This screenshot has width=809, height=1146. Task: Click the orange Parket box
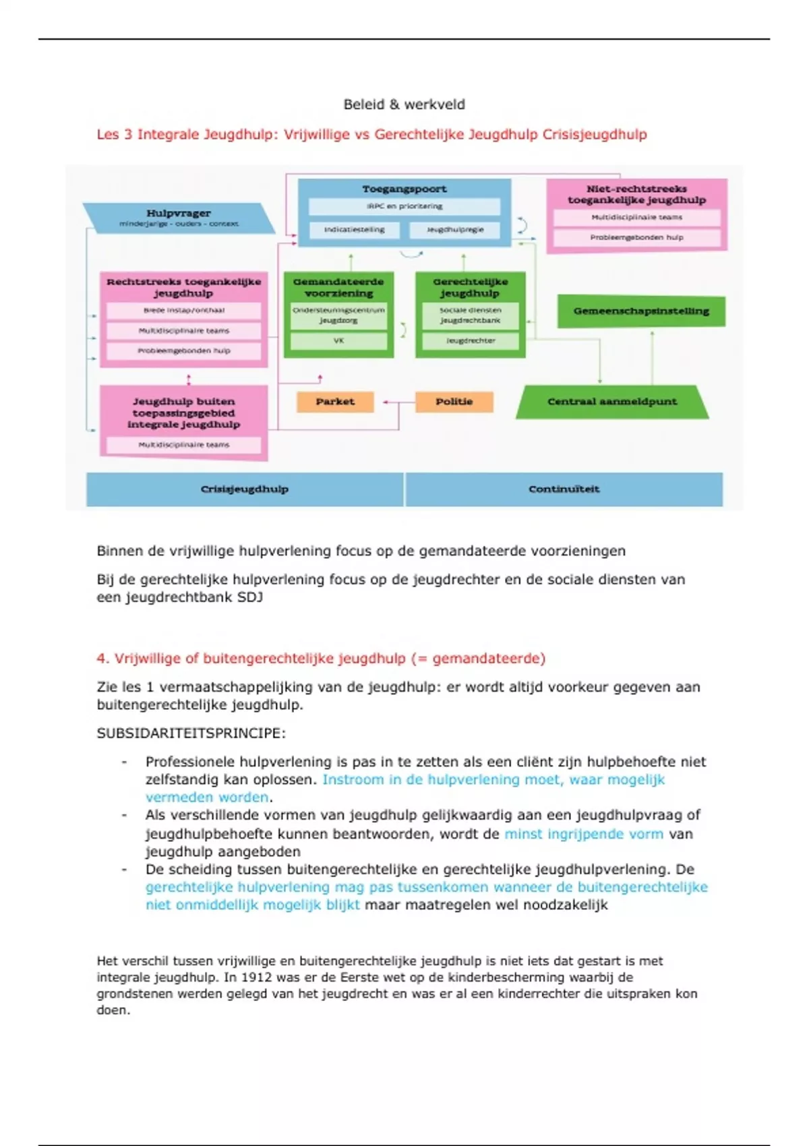pyautogui.click(x=335, y=402)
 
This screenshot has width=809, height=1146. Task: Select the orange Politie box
pyautogui.click(x=454, y=402)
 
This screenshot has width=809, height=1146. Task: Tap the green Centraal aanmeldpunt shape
pyautogui.click(x=611, y=402)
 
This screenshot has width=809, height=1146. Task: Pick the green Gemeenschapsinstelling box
pyautogui.click(x=641, y=311)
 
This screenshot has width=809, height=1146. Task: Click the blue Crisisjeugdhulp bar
pyautogui.click(x=245, y=489)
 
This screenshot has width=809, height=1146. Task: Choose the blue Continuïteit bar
pyautogui.click(x=564, y=489)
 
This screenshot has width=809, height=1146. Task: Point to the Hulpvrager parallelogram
pyautogui.click(x=179, y=218)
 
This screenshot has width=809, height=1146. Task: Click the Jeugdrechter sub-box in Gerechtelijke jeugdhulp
pyautogui.click(x=471, y=341)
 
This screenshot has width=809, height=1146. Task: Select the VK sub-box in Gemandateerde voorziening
pyautogui.click(x=338, y=341)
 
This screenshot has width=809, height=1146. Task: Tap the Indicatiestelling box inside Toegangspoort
pyautogui.click(x=354, y=230)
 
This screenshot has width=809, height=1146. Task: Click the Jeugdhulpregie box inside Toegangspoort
pyautogui.click(x=455, y=230)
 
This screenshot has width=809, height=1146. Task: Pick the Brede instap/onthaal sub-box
pyautogui.click(x=183, y=311)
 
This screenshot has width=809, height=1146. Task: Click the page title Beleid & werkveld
pyautogui.click(x=404, y=104)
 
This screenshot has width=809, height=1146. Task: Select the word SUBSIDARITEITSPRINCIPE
pyautogui.click(x=191, y=733)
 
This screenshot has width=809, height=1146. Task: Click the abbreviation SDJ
pyautogui.click(x=249, y=597)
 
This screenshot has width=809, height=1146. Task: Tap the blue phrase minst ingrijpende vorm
pyautogui.click(x=584, y=834)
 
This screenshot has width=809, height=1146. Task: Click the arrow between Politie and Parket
pyautogui.click(x=399, y=402)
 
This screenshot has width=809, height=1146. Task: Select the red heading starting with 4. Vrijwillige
pyautogui.click(x=321, y=659)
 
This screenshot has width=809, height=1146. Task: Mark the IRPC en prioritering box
pyautogui.click(x=404, y=206)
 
